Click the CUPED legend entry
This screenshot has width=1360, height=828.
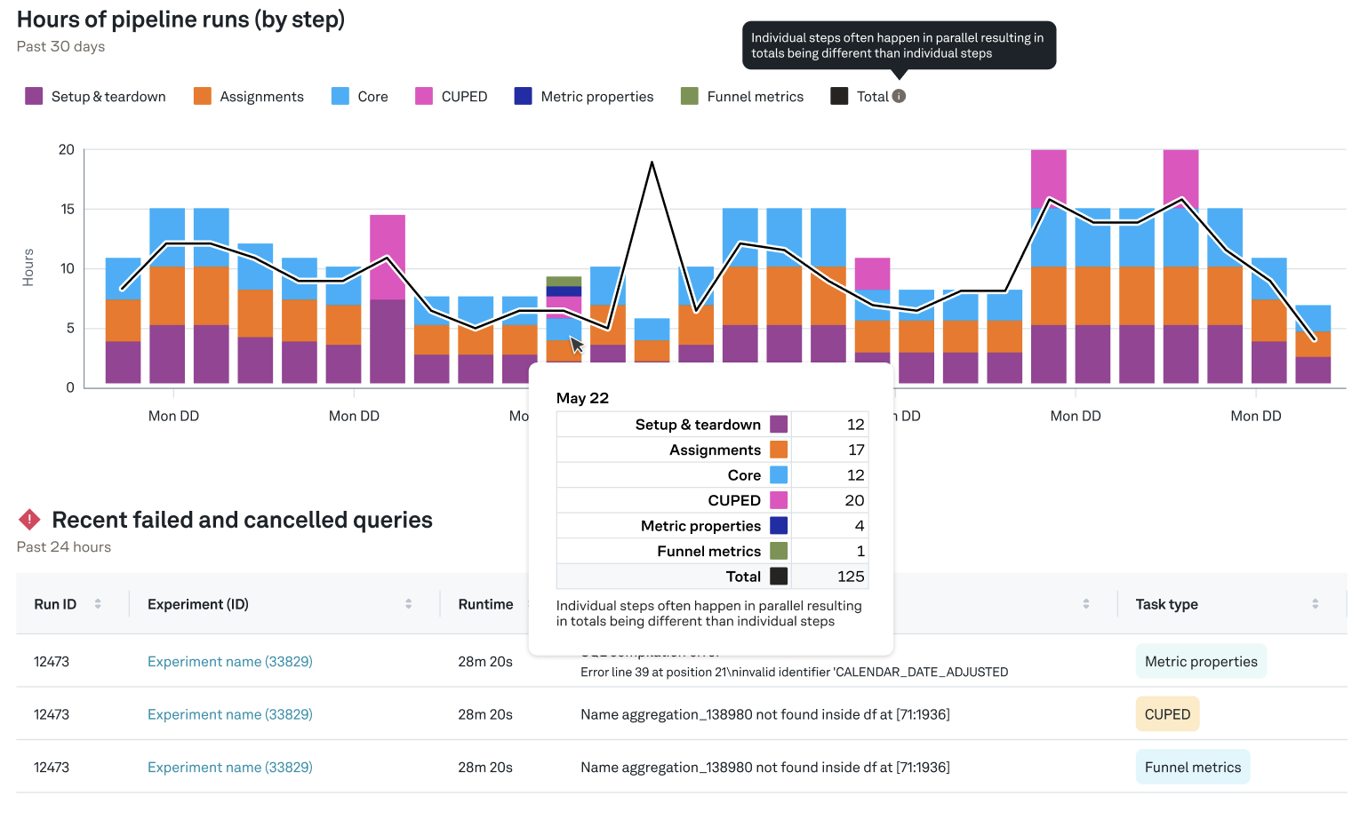(x=452, y=96)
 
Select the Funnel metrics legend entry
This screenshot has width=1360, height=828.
(x=742, y=96)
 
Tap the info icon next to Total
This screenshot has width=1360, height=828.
(x=899, y=96)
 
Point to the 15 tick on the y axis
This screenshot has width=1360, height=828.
(x=68, y=209)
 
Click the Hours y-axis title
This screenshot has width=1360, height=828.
(x=28, y=267)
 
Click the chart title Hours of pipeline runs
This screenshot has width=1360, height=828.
(x=180, y=20)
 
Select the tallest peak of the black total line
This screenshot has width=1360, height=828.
(x=652, y=163)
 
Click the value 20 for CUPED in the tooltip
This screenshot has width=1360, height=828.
(x=853, y=500)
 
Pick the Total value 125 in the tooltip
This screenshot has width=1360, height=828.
(x=850, y=576)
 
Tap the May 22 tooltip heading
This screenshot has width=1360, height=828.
(x=582, y=397)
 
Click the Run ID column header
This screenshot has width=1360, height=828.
(x=55, y=604)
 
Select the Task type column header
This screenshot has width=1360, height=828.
(x=1166, y=604)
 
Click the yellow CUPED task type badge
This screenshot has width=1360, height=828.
(x=1166, y=714)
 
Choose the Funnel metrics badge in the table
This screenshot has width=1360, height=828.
(x=1192, y=767)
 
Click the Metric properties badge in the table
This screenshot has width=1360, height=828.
(x=1200, y=661)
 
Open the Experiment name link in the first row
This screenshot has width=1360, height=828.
(x=229, y=661)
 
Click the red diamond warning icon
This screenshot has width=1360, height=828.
(x=29, y=520)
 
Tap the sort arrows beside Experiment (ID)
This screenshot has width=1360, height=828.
(x=408, y=604)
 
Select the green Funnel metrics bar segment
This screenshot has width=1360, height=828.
(x=564, y=282)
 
